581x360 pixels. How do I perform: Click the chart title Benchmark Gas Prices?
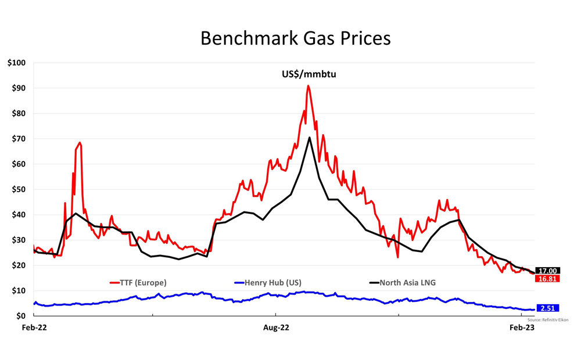(x=296, y=38)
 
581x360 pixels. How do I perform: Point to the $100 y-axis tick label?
(x=17, y=63)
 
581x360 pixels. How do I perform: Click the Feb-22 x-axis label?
(x=34, y=328)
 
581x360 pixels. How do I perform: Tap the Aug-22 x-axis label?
(x=277, y=328)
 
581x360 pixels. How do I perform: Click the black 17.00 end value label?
(x=548, y=271)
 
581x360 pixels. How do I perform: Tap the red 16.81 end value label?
(x=548, y=279)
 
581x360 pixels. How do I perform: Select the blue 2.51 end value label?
(x=548, y=308)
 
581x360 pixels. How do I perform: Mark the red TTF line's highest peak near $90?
(x=308, y=86)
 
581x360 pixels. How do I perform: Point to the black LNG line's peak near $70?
(x=310, y=138)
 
